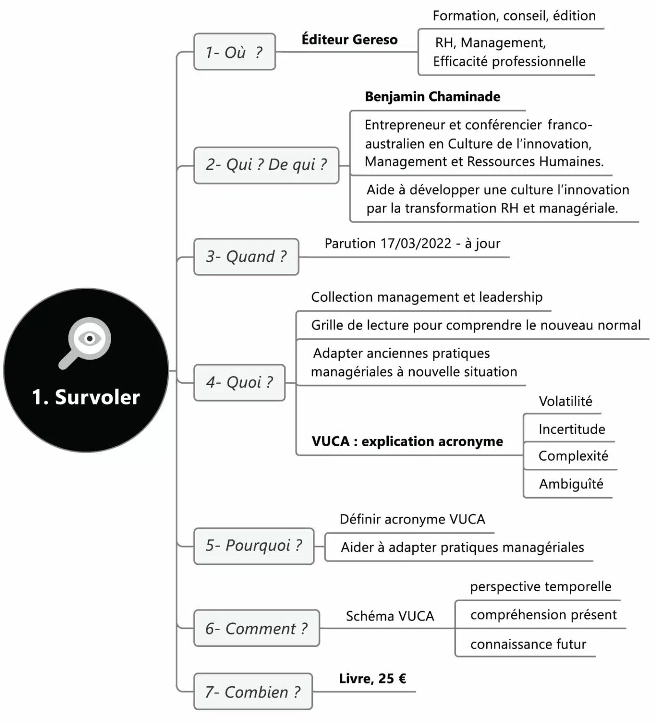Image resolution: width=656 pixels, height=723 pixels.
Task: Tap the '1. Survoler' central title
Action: pos(86,397)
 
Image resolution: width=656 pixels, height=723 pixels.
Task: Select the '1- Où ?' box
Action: pos(234,52)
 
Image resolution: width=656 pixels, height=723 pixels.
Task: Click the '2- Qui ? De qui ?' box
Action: pos(266,165)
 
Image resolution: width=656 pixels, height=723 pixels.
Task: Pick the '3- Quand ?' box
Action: pos(246,257)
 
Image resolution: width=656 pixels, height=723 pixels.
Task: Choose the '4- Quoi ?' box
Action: pos(239,382)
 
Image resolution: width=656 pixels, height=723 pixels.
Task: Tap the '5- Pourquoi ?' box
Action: pos(254,546)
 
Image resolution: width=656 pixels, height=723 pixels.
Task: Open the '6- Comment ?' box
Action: pos(256,628)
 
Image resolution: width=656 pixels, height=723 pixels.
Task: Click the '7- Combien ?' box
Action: pos(253,692)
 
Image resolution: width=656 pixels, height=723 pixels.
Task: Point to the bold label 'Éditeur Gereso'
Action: pos(349,40)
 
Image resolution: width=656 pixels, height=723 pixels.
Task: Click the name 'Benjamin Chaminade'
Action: pos(432,96)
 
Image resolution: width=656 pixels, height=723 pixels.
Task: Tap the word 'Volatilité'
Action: pos(565,401)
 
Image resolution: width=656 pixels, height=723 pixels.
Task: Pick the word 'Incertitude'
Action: pos(572,429)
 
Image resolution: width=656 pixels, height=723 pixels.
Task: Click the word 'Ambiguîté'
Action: pos(571,484)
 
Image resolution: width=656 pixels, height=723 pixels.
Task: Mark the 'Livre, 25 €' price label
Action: pos(372,678)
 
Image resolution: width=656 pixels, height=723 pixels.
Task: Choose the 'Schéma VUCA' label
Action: pos(390,616)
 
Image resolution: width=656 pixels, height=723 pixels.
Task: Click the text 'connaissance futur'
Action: pos(528,644)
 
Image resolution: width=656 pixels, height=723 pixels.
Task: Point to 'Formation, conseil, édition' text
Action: pos(514,16)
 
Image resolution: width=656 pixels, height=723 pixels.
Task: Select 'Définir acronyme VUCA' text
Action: pos(412,519)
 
